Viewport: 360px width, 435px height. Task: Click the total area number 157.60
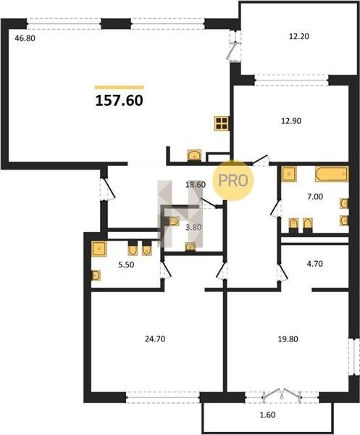(120, 101)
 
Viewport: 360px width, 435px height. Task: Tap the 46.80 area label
(25, 38)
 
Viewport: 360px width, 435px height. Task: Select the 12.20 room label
(299, 36)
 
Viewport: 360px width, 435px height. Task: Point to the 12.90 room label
(291, 121)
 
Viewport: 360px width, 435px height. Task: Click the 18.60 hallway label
(196, 184)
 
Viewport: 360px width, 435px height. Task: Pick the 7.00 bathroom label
(315, 196)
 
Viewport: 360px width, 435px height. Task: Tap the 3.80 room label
(193, 228)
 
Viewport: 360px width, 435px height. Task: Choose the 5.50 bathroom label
(126, 265)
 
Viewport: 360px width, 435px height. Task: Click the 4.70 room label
(315, 264)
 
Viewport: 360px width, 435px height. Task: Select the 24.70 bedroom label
(155, 339)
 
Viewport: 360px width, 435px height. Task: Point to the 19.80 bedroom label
(288, 339)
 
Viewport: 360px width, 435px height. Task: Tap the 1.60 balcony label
(267, 415)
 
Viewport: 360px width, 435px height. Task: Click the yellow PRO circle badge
(233, 181)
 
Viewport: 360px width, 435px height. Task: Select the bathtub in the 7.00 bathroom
(332, 174)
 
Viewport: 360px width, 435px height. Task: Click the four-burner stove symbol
(222, 123)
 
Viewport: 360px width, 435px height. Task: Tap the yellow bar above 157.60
(120, 88)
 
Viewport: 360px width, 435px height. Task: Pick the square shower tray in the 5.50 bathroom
(99, 249)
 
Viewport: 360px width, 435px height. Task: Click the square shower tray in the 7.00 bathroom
(289, 174)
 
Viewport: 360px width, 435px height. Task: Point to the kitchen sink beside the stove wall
(194, 155)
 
